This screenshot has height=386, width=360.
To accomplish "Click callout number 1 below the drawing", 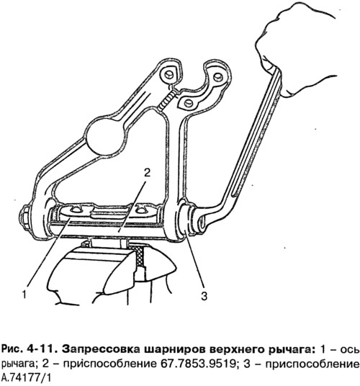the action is (x=24, y=294).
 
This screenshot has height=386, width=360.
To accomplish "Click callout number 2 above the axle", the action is (x=147, y=173).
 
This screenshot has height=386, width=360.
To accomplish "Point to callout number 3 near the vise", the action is (x=204, y=296).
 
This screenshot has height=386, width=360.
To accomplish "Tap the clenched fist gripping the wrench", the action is (x=295, y=49).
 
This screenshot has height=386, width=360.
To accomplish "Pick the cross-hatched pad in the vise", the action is (x=140, y=256).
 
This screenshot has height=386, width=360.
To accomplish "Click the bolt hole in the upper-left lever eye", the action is (x=168, y=74).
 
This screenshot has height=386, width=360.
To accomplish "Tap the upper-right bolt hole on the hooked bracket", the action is (x=217, y=77).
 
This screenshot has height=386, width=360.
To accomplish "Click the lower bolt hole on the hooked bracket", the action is (x=188, y=103).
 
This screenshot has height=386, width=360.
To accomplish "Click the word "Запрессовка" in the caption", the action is (x=101, y=349).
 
